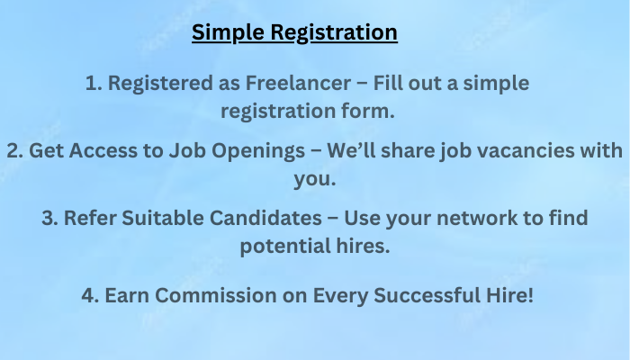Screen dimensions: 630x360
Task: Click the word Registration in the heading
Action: pyautogui.click(x=334, y=32)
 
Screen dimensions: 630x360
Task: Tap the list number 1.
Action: pyautogui.click(x=94, y=83)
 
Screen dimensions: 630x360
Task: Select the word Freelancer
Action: pyautogui.click(x=298, y=83)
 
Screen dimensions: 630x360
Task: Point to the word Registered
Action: pyautogui.click(x=160, y=84)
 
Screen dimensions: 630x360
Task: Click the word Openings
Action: pyautogui.click(x=258, y=151)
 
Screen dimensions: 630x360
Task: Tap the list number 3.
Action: pyautogui.click(x=49, y=218)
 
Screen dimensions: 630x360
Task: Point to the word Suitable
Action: pyautogui.click(x=163, y=218)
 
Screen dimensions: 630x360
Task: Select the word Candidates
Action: pyautogui.click(x=265, y=218)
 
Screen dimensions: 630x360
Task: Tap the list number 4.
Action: pyautogui.click(x=90, y=295)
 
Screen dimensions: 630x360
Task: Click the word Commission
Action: pyautogui.click(x=216, y=295)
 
